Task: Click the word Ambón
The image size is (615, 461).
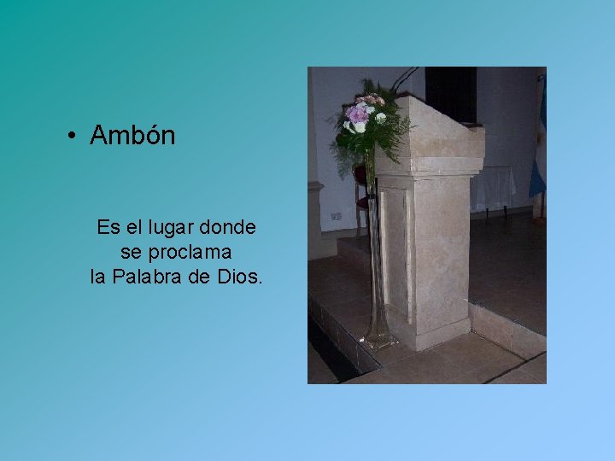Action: [x=132, y=136]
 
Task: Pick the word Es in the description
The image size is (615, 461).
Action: [x=108, y=228]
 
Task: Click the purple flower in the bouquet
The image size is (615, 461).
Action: [x=358, y=114]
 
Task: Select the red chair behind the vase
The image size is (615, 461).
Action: [x=362, y=188]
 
